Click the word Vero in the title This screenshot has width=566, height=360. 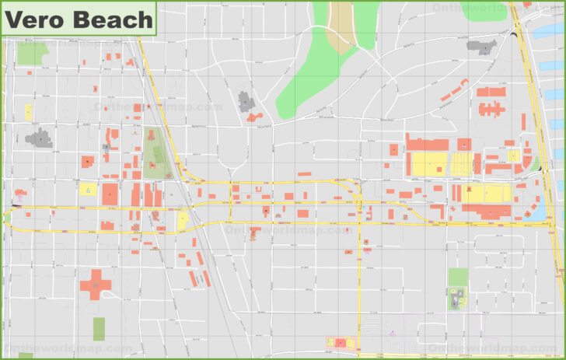tap(36, 19)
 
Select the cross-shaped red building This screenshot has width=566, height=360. tap(96, 284)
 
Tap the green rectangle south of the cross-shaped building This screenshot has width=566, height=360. tap(99, 328)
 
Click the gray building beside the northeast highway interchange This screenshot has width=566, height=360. tap(482, 47)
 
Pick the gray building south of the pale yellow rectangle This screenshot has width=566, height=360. tap(38, 138)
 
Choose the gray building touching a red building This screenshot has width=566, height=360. tap(245, 102)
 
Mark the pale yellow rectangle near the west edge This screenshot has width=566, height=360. tap(28, 112)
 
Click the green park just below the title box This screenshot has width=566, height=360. tap(31, 52)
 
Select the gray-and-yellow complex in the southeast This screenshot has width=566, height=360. tap(456, 299)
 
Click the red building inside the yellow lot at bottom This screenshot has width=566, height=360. tap(340, 342)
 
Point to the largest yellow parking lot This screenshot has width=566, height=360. tap(429, 164)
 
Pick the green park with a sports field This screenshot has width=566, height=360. tap(153, 152)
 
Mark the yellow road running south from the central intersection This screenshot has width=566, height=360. tap(360, 280)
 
